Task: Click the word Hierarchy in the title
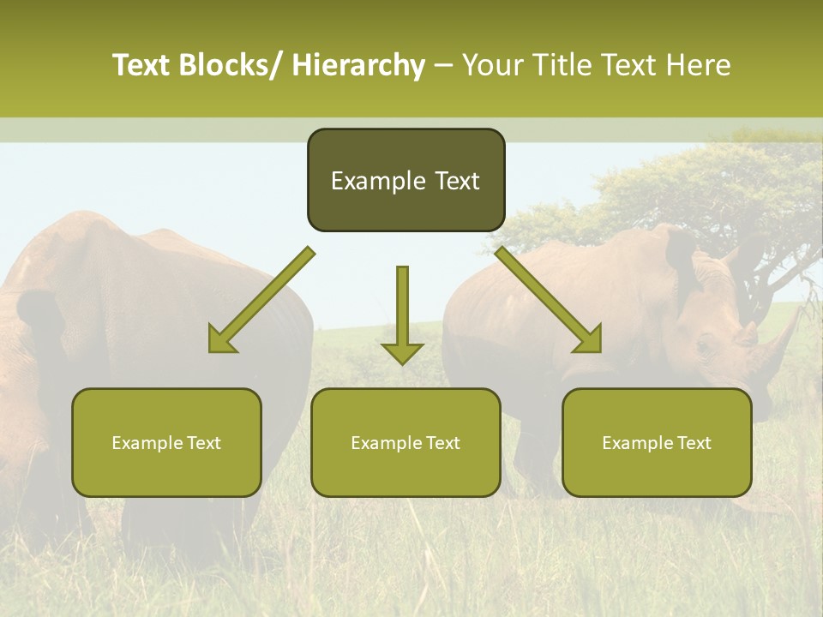tap(358, 66)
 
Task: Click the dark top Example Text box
tap(405, 181)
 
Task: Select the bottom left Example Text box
tap(166, 443)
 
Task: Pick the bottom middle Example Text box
tap(405, 443)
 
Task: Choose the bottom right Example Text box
tap(657, 443)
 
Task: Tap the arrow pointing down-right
tap(548, 300)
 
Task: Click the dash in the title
tap(443, 66)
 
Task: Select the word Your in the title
tap(491, 66)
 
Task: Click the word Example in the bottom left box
tap(142, 443)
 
